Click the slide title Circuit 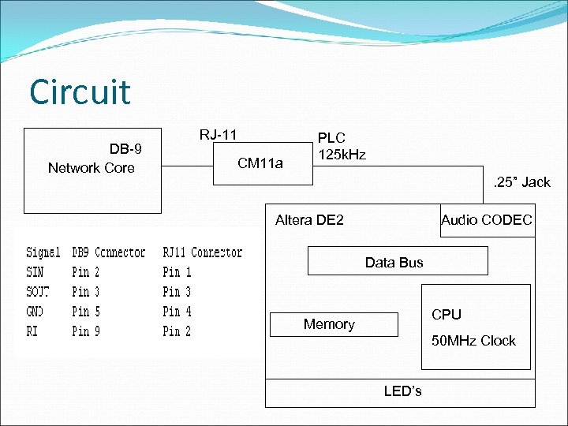coord(80,92)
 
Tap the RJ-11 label coord(218,134)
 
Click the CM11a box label coord(260,163)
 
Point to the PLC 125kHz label coord(341,146)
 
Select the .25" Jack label coord(521,182)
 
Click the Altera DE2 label coord(309,220)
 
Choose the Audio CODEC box coord(486,220)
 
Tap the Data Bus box coord(394,262)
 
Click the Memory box coord(330,324)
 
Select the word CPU coord(447,315)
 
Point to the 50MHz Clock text coord(473,341)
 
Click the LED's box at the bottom coord(402,391)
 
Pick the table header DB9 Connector coord(109,252)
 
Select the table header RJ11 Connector coord(203,252)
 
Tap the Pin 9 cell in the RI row coord(86,331)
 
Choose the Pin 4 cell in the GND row coord(177,312)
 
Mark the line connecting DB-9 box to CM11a coord(188,166)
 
